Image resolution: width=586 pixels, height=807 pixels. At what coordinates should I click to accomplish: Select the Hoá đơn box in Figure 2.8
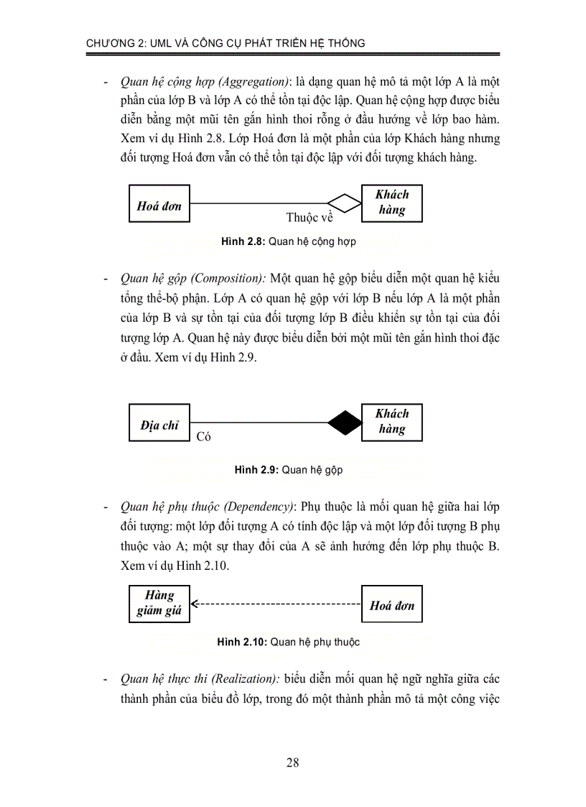point(159,206)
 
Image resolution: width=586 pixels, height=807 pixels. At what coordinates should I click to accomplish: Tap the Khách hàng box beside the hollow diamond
point(392,203)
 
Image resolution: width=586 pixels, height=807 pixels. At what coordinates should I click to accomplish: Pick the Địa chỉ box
point(159,425)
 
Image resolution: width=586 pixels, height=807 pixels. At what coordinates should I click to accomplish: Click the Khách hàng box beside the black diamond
point(392,422)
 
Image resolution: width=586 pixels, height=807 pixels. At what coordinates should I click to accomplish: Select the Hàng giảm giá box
point(159,604)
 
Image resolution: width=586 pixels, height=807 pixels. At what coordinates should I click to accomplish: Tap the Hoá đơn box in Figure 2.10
point(392,605)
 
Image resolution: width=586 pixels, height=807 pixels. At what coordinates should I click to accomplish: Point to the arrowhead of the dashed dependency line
point(196,604)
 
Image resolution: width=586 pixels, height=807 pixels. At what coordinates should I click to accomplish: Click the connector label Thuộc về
point(310,217)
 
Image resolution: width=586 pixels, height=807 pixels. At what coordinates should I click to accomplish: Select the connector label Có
point(203,436)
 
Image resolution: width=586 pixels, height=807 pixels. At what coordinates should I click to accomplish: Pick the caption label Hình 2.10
point(243,642)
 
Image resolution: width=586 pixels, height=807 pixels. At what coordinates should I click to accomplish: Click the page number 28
point(292,762)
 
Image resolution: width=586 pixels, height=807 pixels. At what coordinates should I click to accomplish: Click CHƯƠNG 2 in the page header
point(118,43)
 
